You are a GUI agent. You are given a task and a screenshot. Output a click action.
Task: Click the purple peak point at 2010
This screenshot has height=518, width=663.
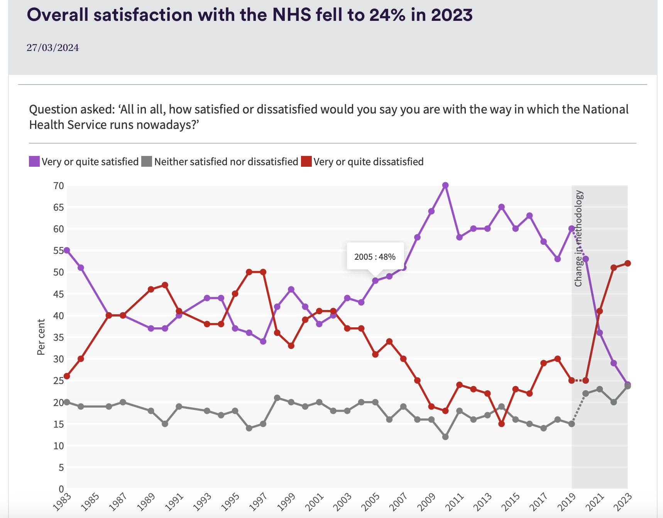[445, 185]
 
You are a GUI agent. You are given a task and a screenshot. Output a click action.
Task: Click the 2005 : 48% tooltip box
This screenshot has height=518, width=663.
[375, 257]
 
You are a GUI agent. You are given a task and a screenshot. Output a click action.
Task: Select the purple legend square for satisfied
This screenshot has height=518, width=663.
[34, 161]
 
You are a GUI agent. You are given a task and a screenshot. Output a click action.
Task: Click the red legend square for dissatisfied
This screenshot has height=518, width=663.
[306, 161]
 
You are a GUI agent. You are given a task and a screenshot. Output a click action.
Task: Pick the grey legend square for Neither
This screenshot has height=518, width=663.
[147, 161]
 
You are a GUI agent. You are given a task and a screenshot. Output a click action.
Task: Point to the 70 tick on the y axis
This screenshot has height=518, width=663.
[58, 186]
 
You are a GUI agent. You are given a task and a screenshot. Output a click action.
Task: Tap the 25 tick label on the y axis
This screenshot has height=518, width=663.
[58, 381]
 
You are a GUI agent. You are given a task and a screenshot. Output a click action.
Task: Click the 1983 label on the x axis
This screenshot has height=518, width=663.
[62, 502]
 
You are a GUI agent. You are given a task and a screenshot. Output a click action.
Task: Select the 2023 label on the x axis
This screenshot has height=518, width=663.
[623, 502]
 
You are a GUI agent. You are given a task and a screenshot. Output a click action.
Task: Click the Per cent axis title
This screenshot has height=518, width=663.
[41, 337]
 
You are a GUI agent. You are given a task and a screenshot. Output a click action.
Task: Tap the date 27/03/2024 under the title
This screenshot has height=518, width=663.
[52, 48]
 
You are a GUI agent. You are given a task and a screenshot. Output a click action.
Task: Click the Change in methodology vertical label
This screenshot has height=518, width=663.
[578, 239]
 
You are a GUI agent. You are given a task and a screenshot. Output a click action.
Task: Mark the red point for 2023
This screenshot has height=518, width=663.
[627, 263]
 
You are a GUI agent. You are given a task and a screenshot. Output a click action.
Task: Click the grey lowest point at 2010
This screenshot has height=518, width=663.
[445, 437]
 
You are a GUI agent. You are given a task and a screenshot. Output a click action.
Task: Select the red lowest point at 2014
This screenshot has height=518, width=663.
[501, 424]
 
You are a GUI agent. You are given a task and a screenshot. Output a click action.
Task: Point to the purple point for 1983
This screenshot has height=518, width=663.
[67, 251]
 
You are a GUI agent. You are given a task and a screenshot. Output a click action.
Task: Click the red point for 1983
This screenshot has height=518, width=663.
[67, 376]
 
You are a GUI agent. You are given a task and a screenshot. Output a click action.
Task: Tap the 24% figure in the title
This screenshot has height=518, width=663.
[387, 15]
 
